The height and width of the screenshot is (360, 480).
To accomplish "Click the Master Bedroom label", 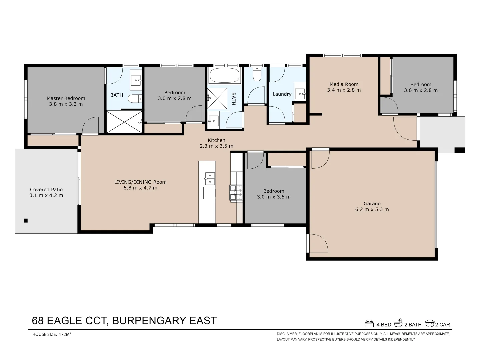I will (66, 98).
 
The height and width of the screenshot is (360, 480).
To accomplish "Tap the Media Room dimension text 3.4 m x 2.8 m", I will (344, 90).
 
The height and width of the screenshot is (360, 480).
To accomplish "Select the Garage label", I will (372, 204).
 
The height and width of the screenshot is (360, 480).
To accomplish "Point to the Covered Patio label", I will (46, 190).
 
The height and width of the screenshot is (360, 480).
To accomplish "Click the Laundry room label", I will (282, 94).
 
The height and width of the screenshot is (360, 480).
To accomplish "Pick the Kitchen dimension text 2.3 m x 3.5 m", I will (216, 146).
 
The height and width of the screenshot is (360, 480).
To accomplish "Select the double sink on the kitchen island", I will (210, 179).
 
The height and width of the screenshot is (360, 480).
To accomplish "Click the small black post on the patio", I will (26, 220).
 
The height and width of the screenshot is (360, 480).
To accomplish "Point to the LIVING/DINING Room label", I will (140, 182).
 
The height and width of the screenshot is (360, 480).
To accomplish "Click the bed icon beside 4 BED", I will (369, 324).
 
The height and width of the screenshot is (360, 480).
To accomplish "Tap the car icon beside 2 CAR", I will (430, 324).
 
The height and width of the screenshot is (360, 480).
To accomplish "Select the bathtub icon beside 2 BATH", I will (398, 323).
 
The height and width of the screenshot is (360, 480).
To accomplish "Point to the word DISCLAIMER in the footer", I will (287, 334).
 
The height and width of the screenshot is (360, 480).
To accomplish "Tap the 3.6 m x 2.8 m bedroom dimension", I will (421, 90).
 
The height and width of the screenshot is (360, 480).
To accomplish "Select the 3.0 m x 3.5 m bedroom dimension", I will (274, 197).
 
